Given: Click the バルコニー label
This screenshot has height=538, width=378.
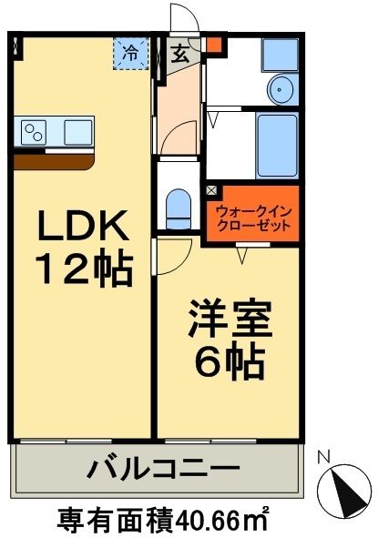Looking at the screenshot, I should point(164,471).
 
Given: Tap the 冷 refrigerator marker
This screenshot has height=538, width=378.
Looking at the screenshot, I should point(131,53).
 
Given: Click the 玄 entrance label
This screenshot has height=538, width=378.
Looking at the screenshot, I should point(180,54).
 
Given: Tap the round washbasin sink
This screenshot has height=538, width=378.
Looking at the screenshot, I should point(281,89).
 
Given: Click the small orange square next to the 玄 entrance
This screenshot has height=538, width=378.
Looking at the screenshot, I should point(213,44).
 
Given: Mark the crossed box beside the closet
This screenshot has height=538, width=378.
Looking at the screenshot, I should point(212,191).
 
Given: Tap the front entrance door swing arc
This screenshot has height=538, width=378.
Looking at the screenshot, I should point(182,18).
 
